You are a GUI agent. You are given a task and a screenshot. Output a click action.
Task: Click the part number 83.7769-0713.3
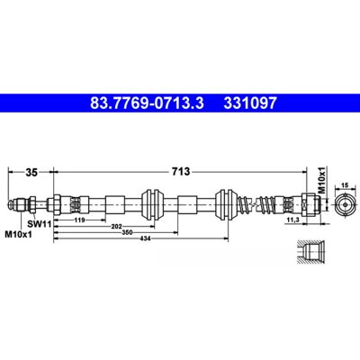coord(147,103)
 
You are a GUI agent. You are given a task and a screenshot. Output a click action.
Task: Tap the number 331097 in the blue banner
coord(250,103)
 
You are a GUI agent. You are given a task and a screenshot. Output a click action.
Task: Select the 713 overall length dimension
coord(181,172)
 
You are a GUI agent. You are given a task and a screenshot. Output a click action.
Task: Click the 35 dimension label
coord(31,173)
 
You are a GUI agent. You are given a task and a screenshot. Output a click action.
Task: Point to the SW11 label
coord(39,223)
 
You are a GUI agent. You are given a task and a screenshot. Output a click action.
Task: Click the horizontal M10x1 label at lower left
coord(18,234)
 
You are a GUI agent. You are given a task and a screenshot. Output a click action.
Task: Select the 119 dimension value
coord(79,220)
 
